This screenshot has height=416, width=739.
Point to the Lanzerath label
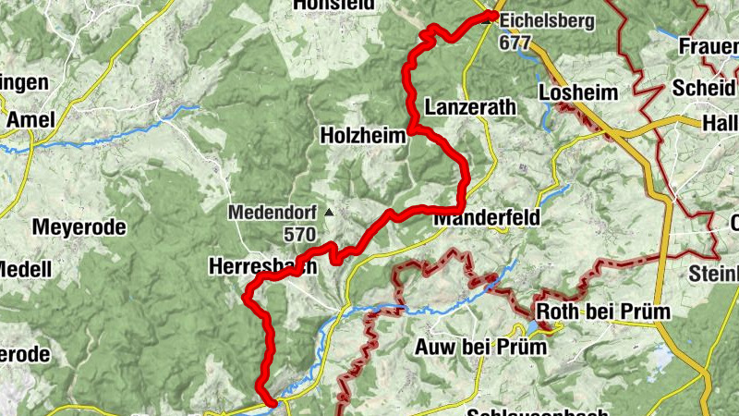tap(470, 108)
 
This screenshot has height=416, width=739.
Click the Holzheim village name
tap(362, 136)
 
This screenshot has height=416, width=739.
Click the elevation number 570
tap(299, 235)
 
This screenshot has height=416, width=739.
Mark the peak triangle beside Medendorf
tap(327, 213)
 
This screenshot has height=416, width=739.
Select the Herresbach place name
tap(263, 265)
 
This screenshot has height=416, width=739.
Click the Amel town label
tap(30, 119)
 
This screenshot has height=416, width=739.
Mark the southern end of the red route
tap(273, 402)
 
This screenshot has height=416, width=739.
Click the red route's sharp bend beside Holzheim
tap(409, 129)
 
